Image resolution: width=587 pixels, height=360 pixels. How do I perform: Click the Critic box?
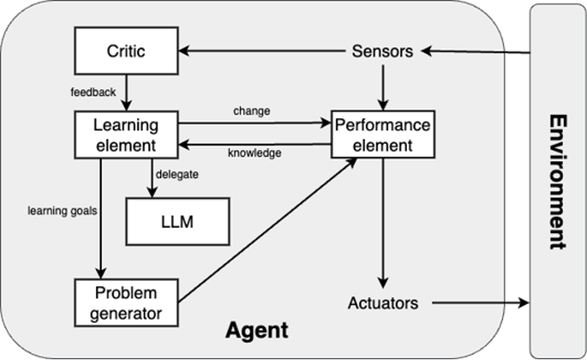126,52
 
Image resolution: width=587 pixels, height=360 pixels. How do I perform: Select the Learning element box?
126,135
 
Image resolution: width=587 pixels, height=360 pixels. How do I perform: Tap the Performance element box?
382,135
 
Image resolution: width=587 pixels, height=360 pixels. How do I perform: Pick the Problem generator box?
126,303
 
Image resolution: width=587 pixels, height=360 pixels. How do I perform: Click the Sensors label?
382,52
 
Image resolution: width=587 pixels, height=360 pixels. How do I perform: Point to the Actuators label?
383,303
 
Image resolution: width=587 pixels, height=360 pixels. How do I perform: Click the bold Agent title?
257,330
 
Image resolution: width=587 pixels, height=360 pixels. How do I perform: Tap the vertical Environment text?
557,182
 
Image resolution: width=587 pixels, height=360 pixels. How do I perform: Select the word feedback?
93,92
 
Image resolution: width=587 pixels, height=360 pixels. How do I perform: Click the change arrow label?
251,111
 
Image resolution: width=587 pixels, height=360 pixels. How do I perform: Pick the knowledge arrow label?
254,153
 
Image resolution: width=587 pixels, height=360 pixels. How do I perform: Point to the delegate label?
177,175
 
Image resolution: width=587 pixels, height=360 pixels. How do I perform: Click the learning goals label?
62,211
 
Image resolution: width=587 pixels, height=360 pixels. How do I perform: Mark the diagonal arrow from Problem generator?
266,231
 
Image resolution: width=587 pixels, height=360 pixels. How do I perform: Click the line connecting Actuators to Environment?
468,303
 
